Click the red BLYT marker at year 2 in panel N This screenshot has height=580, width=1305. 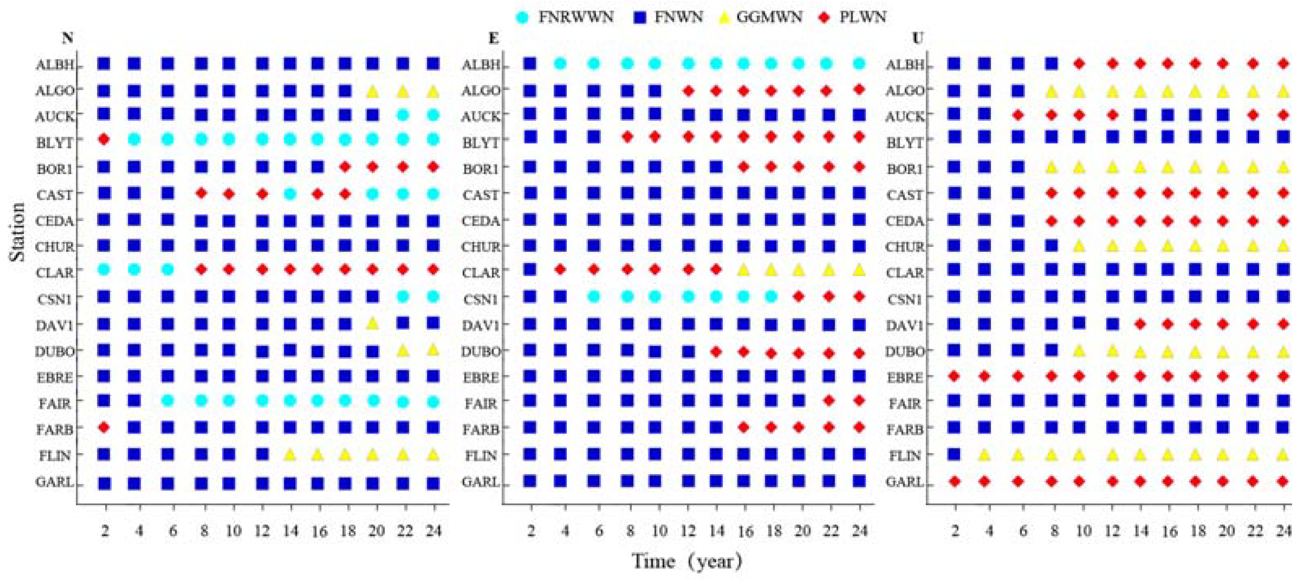point(104,139)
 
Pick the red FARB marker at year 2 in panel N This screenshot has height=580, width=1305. point(104,427)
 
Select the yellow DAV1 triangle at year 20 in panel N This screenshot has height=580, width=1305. point(373,323)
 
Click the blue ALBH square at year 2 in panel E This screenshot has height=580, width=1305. point(530,64)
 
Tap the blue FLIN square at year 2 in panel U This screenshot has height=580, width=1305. point(954,454)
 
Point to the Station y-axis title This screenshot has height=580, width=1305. point(17,232)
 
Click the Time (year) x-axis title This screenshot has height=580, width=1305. point(688,561)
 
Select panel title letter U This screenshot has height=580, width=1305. point(917,38)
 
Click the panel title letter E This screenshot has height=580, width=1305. point(493,38)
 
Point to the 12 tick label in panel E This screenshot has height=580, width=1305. point(688,531)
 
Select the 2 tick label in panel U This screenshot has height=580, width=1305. point(955,531)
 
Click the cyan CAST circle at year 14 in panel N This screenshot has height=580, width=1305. point(290,194)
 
